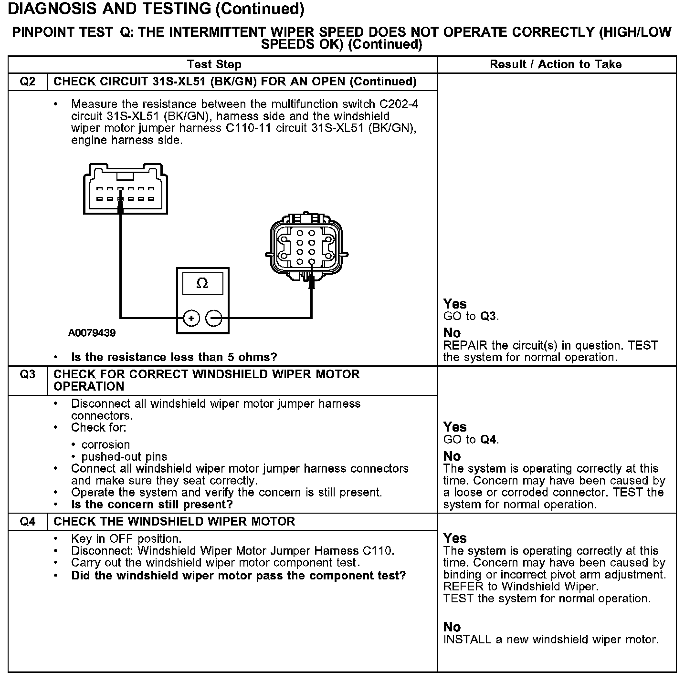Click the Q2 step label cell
coord(28,82)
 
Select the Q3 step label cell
coord(28,374)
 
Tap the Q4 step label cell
coord(28,522)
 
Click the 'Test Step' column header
coord(214,64)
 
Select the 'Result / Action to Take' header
coord(556,64)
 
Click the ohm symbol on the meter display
coord(202,284)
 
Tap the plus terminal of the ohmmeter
coord(191,318)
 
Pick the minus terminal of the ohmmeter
coord(214,318)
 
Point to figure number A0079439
coord(92,333)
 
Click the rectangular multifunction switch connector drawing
coord(125,189)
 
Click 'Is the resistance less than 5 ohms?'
coord(174,357)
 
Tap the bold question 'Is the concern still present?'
coord(152,505)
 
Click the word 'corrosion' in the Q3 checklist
coord(106,444)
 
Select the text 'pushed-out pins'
coord(124,456)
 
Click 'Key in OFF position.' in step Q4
coord(126,539)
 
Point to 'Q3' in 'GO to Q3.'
coord(488,316)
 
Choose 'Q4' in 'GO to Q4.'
coord(488,440)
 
